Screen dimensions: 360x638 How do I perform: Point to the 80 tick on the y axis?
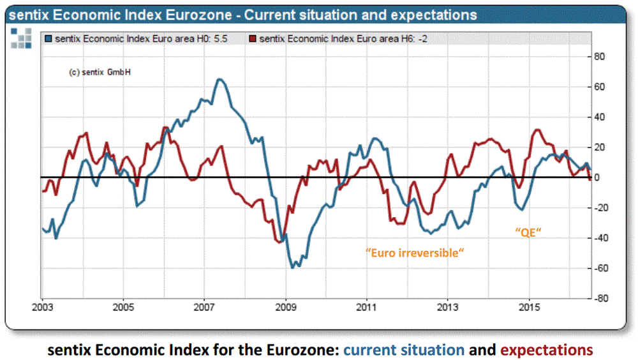[x=600, y=56]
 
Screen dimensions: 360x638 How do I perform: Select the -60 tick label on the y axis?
[x=599, y=268]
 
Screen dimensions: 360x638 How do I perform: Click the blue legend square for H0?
[x=48, y=39]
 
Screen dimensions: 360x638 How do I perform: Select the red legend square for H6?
[x=253, y=39]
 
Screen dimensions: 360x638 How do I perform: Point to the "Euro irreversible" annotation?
[x=415, y=253]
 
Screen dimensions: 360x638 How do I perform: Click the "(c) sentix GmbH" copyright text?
[x=100, y=72]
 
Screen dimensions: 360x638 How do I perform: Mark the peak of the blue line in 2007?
[x=219, y=79]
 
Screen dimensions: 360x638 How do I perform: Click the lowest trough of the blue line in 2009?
[x=293, y=267]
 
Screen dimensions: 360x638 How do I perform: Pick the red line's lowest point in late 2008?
[x=279, y=242]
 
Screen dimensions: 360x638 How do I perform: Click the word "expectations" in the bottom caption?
[x=547, y=350]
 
